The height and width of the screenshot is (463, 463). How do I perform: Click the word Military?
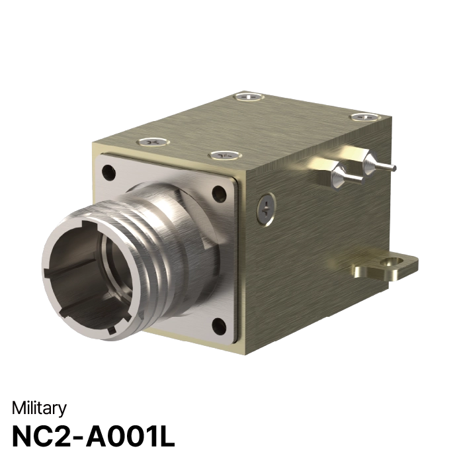coord(39,409)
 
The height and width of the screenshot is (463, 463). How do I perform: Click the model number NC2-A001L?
coord(93,437)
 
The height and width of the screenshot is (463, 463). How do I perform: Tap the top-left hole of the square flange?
coord(108,172)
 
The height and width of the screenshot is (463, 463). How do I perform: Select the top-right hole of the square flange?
coord(219,194)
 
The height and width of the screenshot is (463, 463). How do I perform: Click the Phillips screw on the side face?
coord(266,210)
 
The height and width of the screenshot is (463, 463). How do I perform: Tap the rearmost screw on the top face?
coord(249,97)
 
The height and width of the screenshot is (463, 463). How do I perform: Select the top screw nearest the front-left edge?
coord(153,142)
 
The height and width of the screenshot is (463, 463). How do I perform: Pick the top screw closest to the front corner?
coord(225,155)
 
